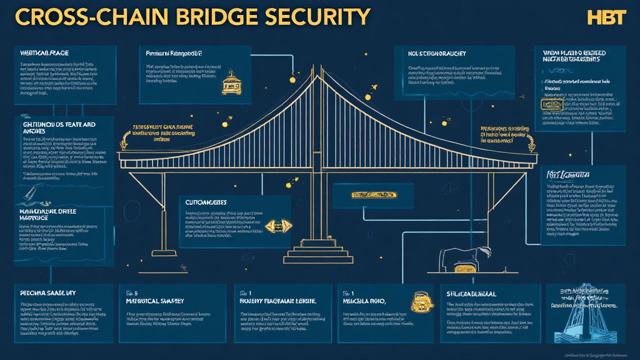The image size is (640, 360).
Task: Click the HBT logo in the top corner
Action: click(x=606, y=17)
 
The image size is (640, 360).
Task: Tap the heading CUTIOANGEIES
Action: click(x=206, y=202)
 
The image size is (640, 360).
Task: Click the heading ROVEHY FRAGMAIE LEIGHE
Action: click(x=278, y=301)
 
